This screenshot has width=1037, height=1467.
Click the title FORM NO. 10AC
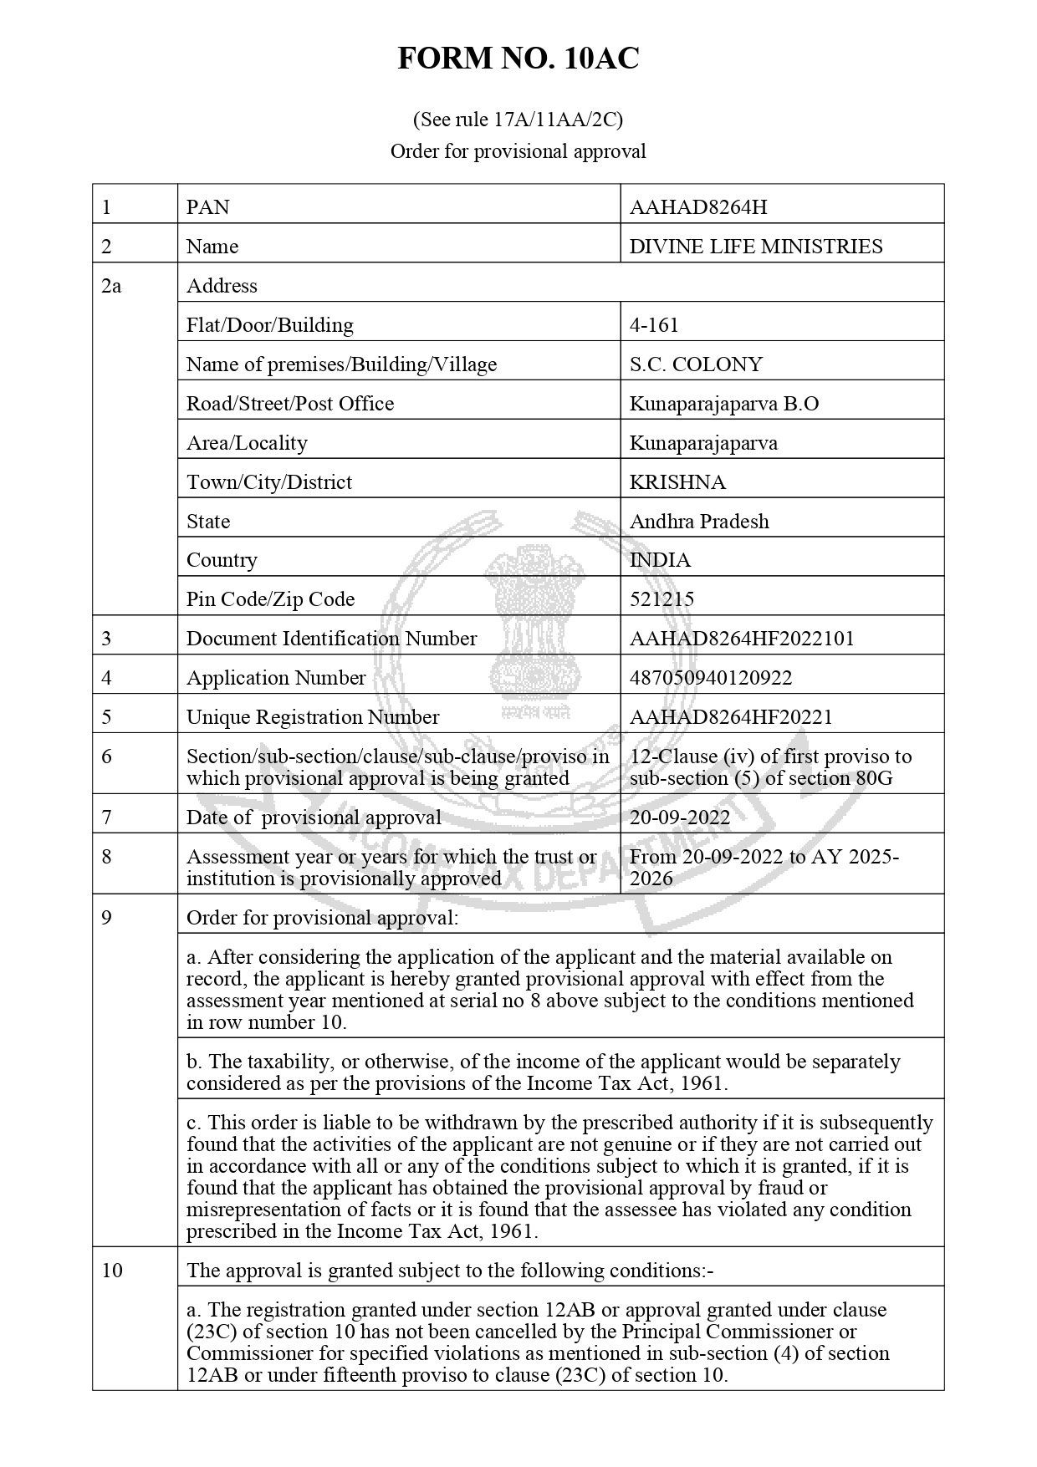518,59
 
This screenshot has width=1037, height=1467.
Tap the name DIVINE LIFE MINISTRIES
756,246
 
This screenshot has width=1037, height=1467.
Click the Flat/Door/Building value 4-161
654,324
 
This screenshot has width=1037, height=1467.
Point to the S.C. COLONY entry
696,364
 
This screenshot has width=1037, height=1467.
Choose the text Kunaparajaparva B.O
724,403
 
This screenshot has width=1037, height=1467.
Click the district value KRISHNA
677,481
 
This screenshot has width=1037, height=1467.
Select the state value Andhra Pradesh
699,521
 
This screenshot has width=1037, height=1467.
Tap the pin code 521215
662,599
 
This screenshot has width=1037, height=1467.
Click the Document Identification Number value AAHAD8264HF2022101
742,638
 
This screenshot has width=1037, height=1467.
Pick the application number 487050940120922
711,677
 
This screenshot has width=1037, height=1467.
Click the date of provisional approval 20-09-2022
680,817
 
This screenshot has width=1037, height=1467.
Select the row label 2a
111,285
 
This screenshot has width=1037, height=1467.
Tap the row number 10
111,1270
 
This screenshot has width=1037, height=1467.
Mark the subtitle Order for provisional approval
518,151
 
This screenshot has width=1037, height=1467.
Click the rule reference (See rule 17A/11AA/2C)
518,120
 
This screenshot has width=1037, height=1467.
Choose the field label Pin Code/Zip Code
270,599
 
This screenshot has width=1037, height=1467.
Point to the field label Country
222,559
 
